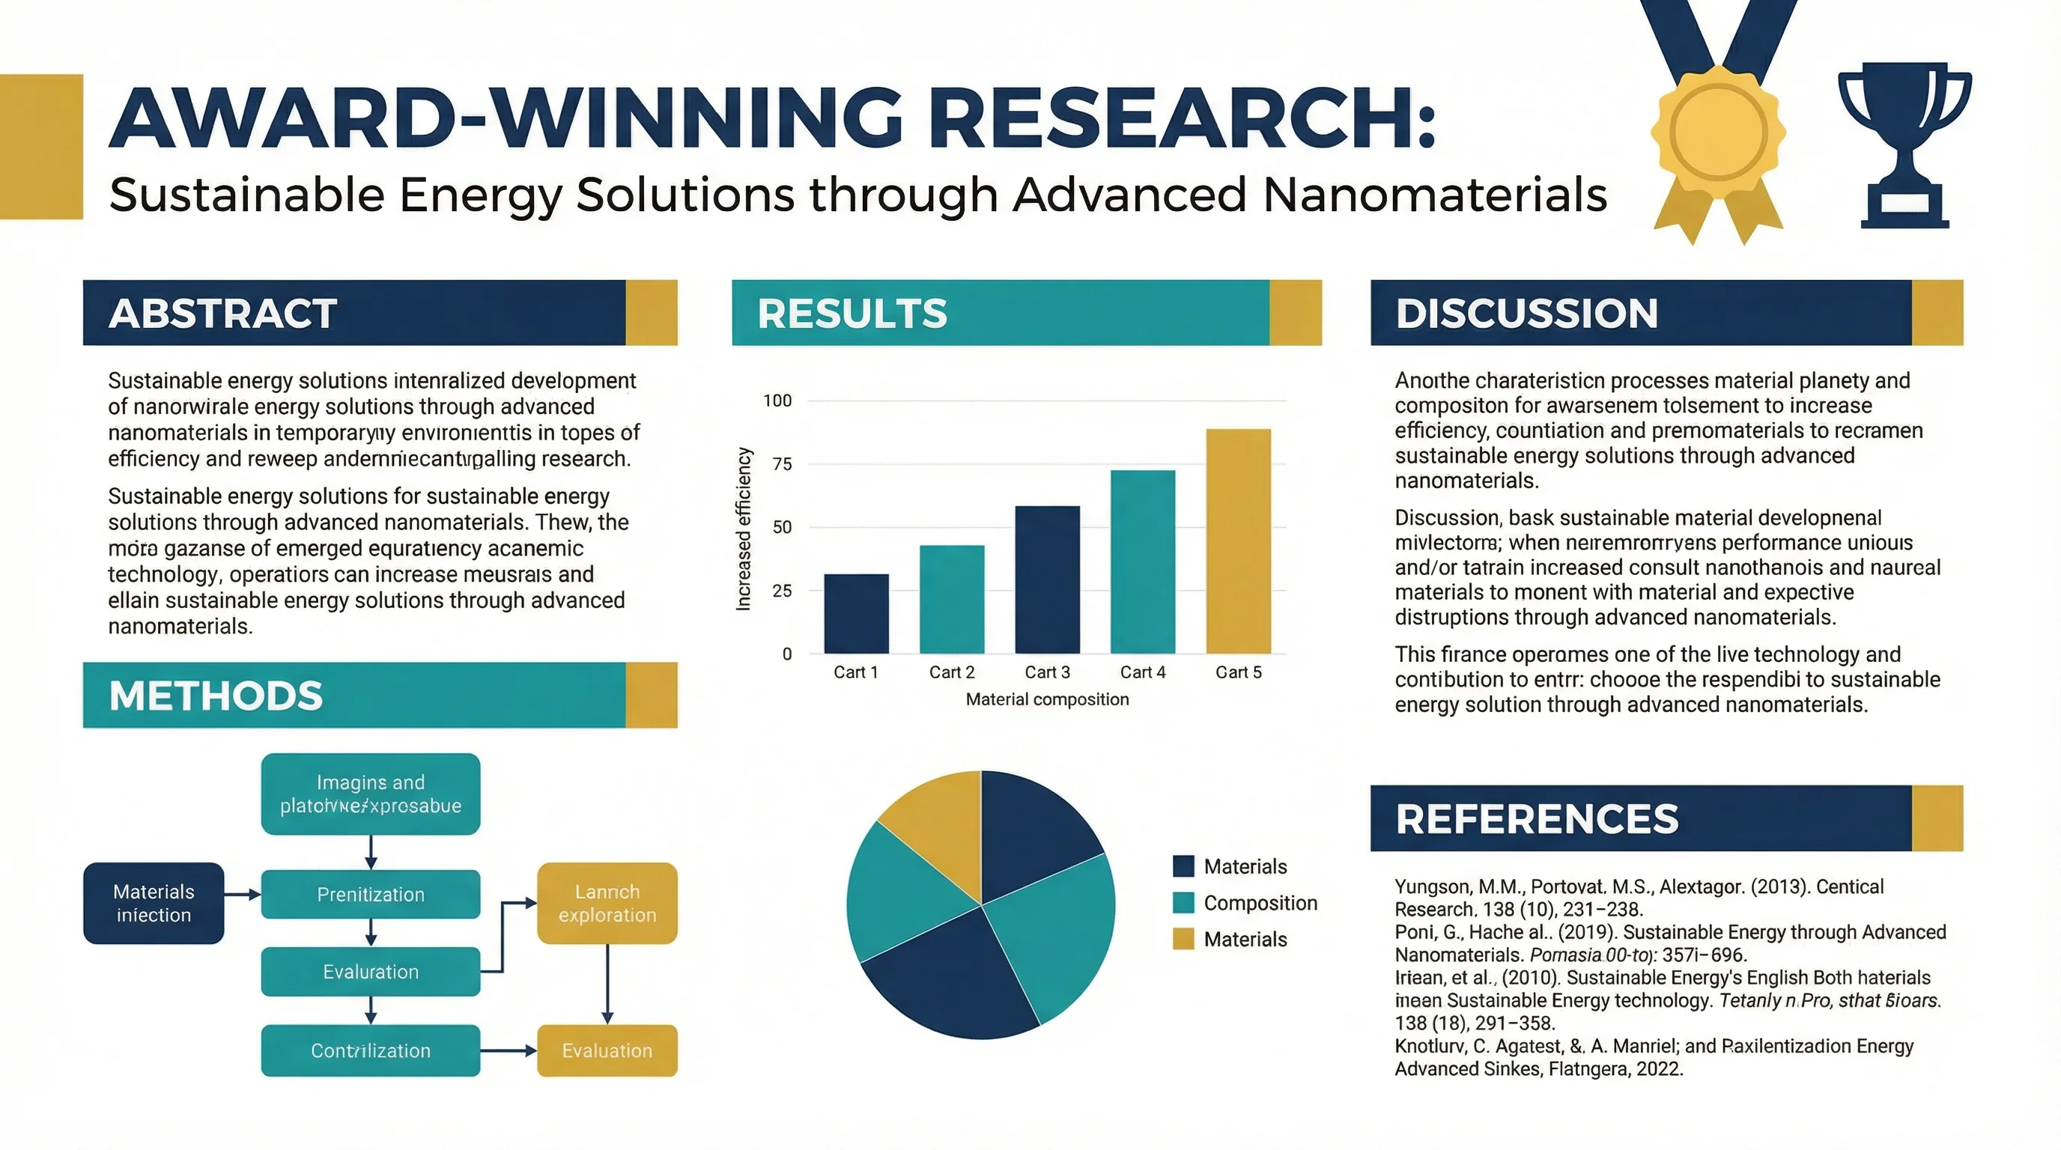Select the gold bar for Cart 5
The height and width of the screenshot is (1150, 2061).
click(x=1238, y=541)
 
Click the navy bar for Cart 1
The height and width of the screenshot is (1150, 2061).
click(x=856, y=613)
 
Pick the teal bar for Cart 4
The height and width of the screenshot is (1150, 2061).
click(x=1143, y=562)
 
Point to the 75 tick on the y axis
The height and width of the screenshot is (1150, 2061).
click(x=782, y=464)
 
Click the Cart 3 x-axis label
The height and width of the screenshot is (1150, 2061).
click(x=1046, y=672)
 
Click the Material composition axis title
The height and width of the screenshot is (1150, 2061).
click(x=1046, y=700)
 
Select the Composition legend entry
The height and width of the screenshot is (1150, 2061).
click(x=1260, y=903)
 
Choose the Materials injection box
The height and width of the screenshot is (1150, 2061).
click(x=154, y=903)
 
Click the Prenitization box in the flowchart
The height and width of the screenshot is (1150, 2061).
click(x=371, y=894)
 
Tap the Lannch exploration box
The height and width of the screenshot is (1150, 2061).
click(x=607, y=903)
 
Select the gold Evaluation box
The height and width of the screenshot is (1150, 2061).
click(x=607, y=1050)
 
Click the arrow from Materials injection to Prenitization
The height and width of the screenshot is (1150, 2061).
click(x=242, y=894)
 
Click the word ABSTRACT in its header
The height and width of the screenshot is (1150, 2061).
click(x=222, y=314)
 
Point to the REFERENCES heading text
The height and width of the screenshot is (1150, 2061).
click(x=1536, y=819)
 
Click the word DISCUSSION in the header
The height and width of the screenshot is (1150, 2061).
click(x=1526, y=314)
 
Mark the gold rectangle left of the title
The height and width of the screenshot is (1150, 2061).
click(x=40, y=146)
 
